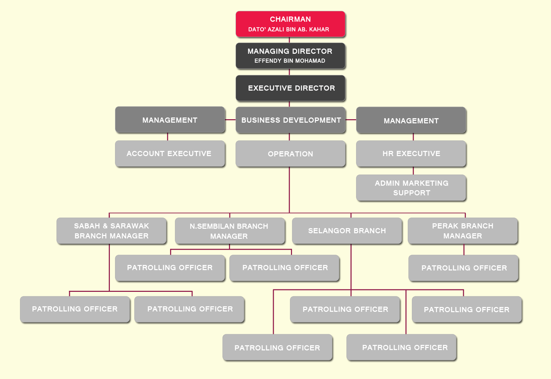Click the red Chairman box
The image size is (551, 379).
click(x=290, y=24)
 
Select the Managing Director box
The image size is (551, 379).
click(x=290, y=55)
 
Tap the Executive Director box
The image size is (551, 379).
click(x=290, y=88)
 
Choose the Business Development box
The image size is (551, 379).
click(x=290, y=120)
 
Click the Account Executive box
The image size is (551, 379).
click(x=170, y=154)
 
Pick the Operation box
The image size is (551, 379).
click(x=290, y=154)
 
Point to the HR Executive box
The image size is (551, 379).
click(x=411, y=154)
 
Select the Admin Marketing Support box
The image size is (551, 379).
click(x=411, y=188)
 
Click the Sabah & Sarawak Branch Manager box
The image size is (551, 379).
click(x=111, y=231)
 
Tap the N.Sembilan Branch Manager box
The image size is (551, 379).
click(x=230, y=231)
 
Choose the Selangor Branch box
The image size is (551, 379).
click(x=347, y=231)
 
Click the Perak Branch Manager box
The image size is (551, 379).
click(x=462, y=231)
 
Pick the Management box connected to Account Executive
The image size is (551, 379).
click(x=170, y=120)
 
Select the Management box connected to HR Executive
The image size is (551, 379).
click(x=411, y=120)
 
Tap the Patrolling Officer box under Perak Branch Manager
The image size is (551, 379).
click(x=464, y=268)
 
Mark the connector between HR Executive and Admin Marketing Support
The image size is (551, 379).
click(x=413, y=171)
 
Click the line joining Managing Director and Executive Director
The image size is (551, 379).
click(x=289, y=72)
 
